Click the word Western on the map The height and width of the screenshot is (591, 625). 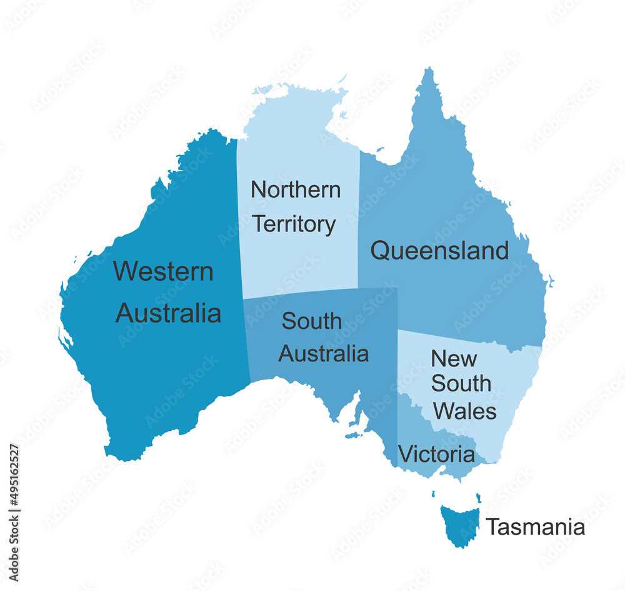pos(164,272)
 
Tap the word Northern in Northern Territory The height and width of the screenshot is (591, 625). pos(296,189)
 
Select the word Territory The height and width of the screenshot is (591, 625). pos(294,224)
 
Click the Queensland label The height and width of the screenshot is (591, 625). pos(439,251)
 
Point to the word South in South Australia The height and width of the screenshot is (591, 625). pos(311,321)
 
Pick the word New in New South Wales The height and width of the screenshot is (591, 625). pos(454,359)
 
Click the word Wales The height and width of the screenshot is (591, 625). pos(465,411)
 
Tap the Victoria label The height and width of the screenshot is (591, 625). pos(436,455)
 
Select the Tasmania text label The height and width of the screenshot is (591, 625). pos(536,527)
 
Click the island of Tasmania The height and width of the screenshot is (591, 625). pos(459,524)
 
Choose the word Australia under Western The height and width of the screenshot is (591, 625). pos(168,313)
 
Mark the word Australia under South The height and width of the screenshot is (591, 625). pos(323,353)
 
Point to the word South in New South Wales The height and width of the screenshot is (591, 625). pos(461,384)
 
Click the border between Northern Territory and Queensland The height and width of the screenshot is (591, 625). pos(359,219)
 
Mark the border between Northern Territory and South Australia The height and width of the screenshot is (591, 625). pos(300,294)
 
